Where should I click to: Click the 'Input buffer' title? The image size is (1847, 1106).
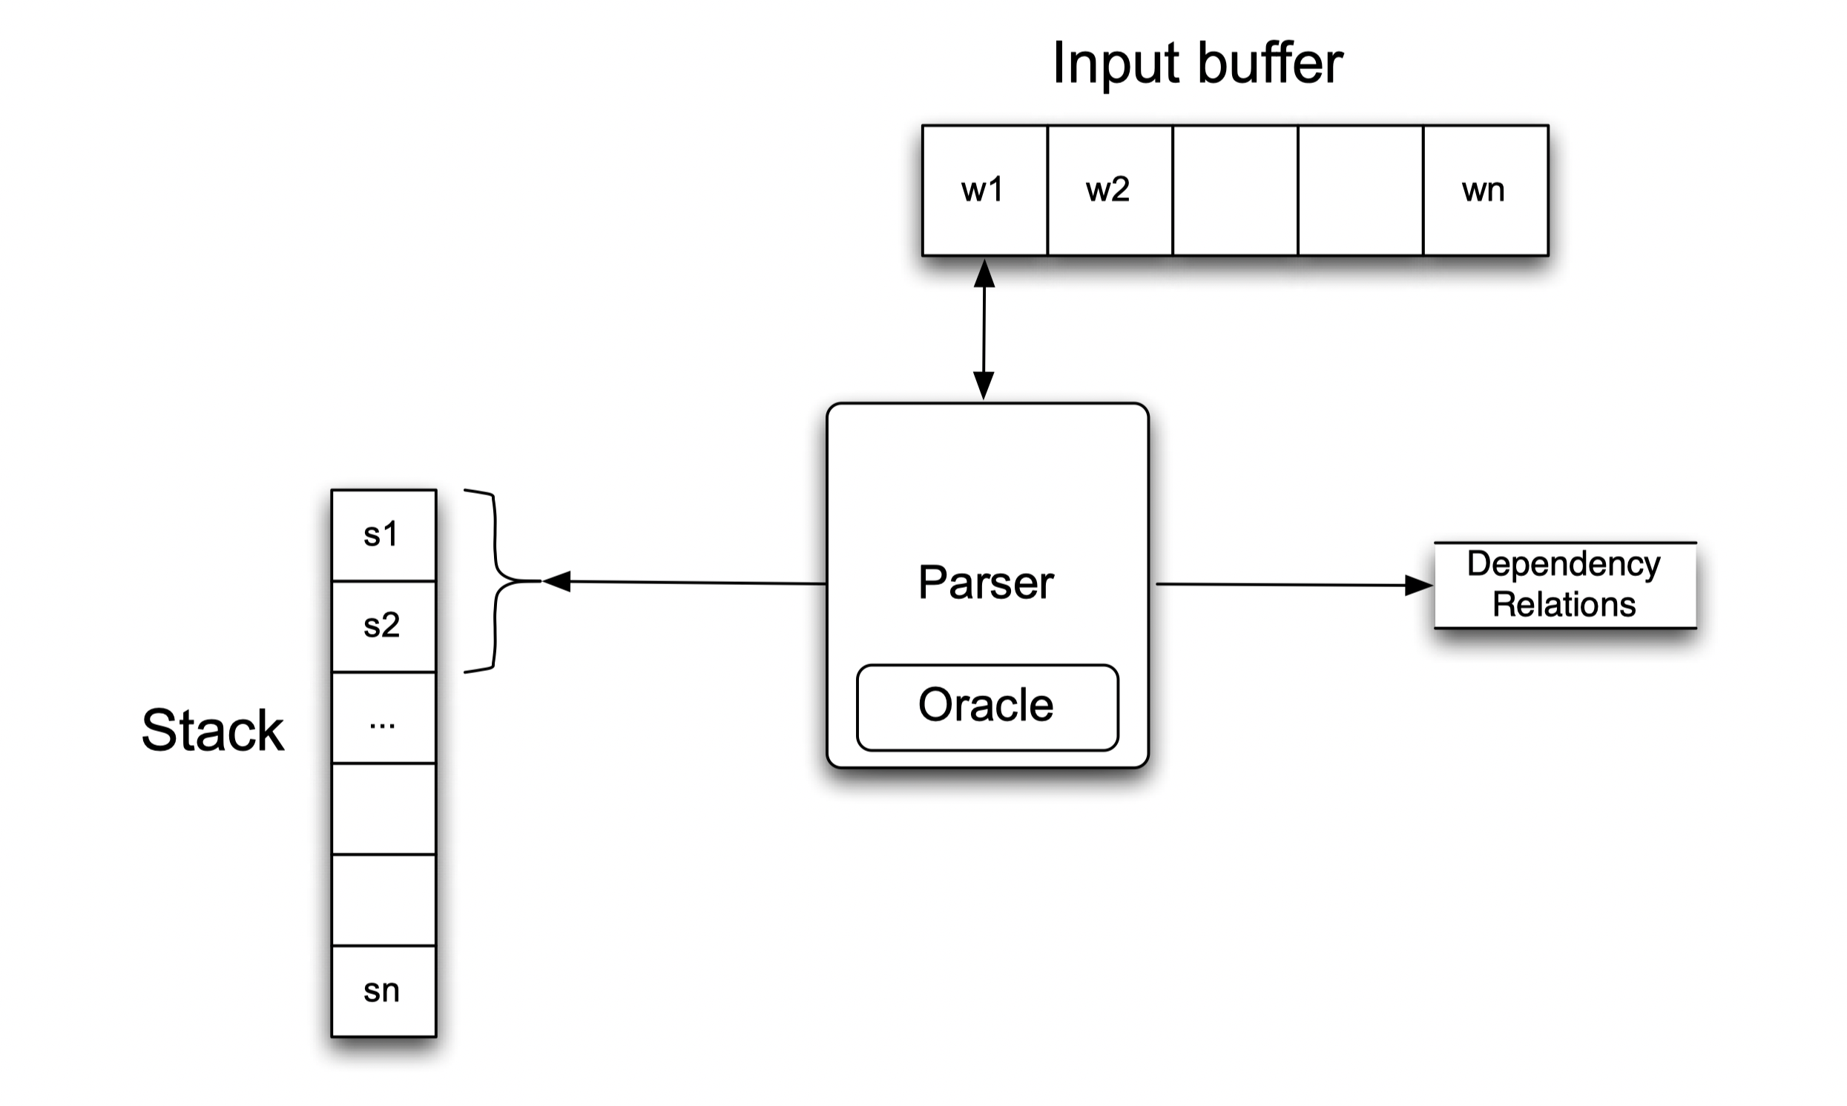[x=1196, y=63]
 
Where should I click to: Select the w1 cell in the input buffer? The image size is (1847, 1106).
[x=984, y=191]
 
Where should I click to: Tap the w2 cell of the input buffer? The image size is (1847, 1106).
[x=1109, y=191]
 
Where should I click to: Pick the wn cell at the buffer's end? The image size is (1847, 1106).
[x=1484, y=191]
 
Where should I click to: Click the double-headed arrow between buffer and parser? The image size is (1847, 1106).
[x=984, y=328]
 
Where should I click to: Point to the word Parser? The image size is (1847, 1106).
[x=986, y=583]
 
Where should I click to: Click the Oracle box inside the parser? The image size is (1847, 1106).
[x=987, y=706]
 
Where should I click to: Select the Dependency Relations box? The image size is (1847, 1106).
[x=1564, y=585]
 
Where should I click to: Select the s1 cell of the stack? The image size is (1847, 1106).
[x=383, y=535]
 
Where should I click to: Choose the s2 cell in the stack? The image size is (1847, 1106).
[x=383, y=626]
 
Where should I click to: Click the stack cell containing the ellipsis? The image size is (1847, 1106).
[x=383, y=718]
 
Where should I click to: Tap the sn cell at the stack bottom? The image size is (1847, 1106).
[x=383, y=991]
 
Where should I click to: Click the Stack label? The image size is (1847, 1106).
[x=212, y=730]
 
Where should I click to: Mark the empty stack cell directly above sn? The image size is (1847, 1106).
[x=383, y=901]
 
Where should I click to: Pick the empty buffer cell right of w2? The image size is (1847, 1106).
[x=1235, y=191]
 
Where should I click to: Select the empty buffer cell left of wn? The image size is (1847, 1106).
[x=1360, y=191]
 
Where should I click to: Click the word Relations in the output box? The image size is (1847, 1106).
[x=1564, y=604]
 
